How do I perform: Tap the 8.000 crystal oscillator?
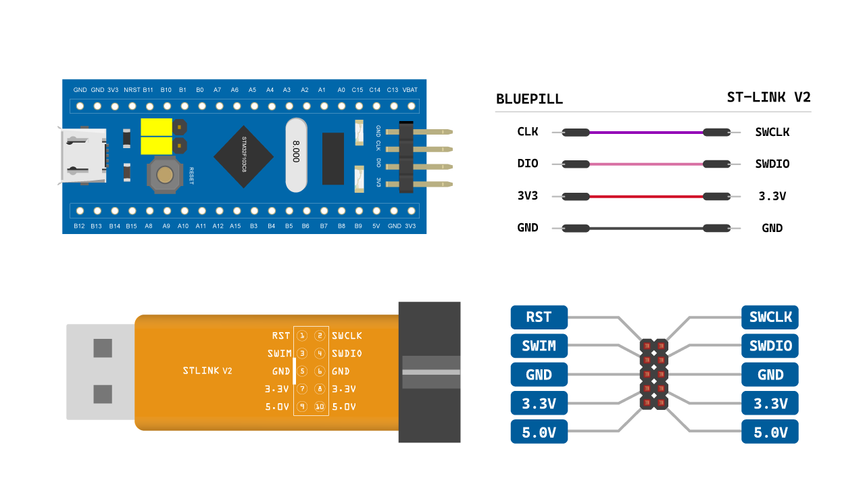tap(296, 155)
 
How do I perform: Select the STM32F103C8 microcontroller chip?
tap(243, 156)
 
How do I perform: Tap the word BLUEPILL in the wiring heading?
tap(529, 99)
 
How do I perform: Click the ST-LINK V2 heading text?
tap(768, 97)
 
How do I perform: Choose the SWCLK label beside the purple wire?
tap(772, 133)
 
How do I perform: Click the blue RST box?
tap(539, 317)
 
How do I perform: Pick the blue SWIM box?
tap(539, 346)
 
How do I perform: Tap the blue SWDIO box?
tap(770, 346)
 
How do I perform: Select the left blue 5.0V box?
tap(539, 432)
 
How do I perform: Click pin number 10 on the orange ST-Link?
tap(320, 407)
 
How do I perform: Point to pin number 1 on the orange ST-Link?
tap(302, 335)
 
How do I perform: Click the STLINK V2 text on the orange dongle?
tap(207, 371)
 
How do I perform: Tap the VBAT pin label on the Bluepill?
tap(410, 89)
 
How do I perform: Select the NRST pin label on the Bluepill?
tap(132, 89)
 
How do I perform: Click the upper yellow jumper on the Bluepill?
tap(157, 126)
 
